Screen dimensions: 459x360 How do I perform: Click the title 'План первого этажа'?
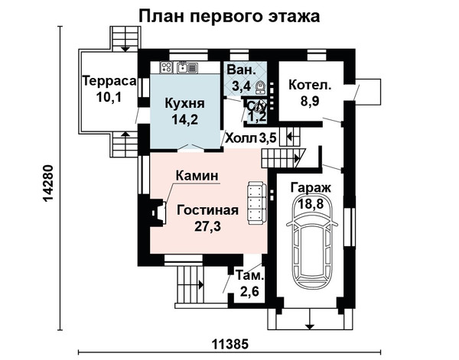point(229,16)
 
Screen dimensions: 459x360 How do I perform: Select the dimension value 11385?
point(229,344)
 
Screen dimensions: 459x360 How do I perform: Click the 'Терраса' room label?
point(109,81)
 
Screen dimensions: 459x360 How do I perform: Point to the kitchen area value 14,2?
point(184,119)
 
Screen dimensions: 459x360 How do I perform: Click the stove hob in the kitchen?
point(166,68)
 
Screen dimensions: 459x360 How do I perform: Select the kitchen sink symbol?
point(187,67)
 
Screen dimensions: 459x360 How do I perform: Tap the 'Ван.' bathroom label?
point(241,70)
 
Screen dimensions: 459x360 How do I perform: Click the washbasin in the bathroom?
point(260,87)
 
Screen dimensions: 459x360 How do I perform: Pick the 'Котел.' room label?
point(310,86)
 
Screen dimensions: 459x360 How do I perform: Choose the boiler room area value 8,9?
point(310,101)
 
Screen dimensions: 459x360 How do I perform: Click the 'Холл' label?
point(239,138)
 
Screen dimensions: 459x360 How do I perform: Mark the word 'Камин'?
point(197,176)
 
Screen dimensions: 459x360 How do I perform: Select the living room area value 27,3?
point(208,226)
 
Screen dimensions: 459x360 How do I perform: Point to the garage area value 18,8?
point(311,203)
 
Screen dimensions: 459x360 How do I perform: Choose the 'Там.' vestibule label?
point(249,276)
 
